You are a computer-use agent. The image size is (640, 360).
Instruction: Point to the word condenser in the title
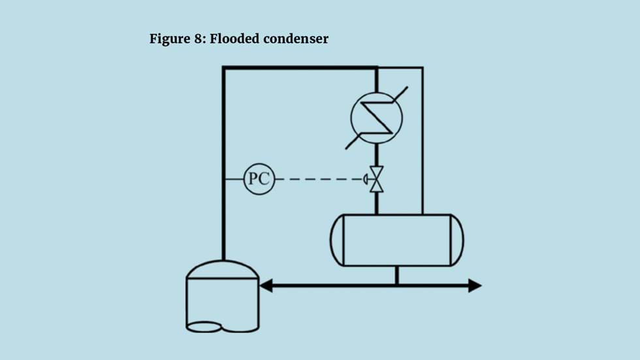pos(296,39)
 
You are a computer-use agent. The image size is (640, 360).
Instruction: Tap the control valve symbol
pos(377,179)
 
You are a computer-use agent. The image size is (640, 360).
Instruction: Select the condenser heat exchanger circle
pos(377,118)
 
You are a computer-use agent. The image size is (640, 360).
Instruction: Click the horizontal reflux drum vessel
pos(396,240)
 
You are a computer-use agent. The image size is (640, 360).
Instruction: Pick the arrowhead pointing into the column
pos(265,286)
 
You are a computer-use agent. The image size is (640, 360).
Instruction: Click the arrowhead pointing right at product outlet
pos(475,286)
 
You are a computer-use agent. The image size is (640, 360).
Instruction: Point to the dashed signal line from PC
pos(320,178)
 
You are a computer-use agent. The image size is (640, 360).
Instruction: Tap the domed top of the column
pos(223,269)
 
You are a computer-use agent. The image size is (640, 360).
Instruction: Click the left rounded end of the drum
pos(337,240)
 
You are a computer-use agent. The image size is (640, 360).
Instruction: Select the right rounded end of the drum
pos(456,240)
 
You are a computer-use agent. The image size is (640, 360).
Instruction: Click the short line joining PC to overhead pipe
pos(234,178)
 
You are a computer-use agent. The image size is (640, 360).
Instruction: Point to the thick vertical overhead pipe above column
pos(223,163)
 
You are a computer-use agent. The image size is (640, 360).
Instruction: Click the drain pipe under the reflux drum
pos(396,276)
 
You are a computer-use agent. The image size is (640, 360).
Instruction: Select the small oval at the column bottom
pos(204,326)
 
